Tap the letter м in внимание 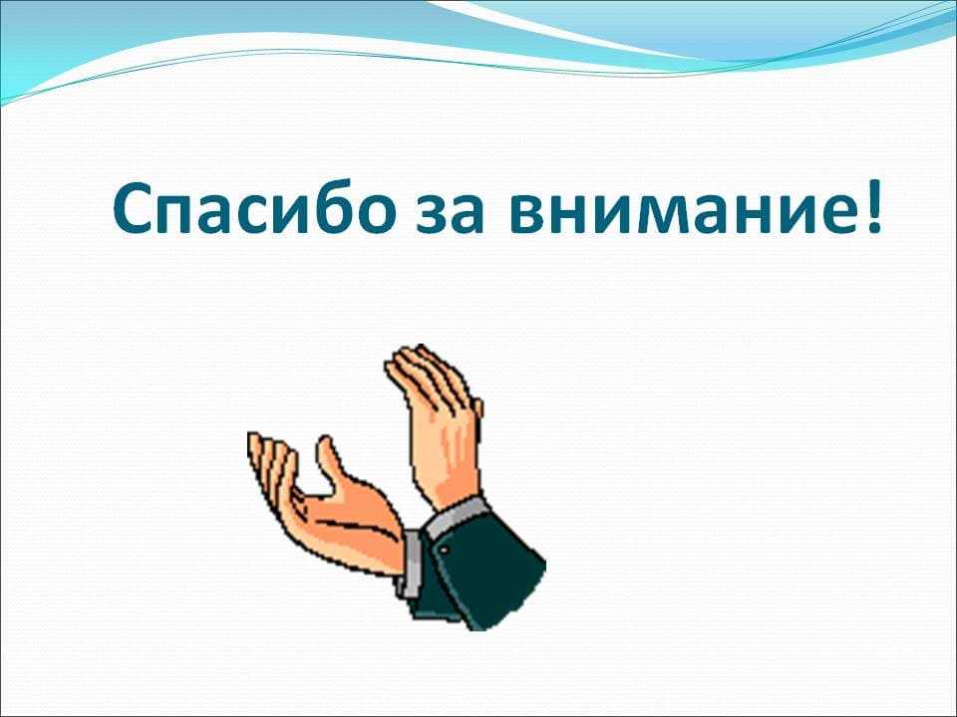pyautogui.click(x=649, y=213)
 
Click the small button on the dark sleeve pyautogui.click(x=445, y=551)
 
